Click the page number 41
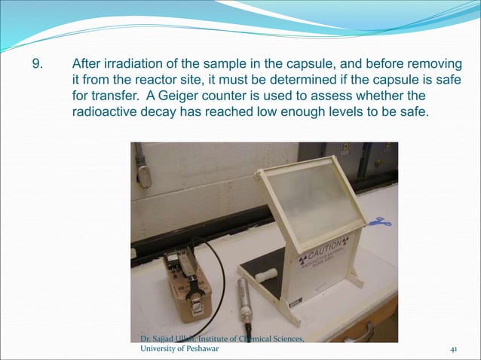(x=454, y=349)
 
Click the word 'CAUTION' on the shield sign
(x=317, y=248)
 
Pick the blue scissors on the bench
(x=379, y=222)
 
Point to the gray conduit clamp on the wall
(x=142, y=167)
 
